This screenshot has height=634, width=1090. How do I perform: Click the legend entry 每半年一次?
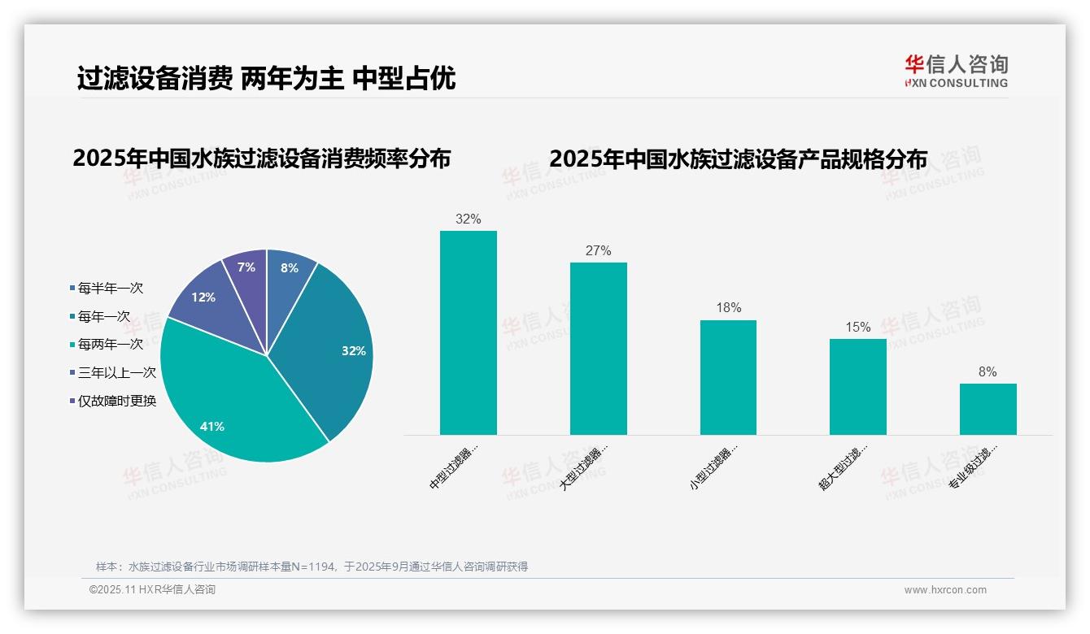click(x=110, y=289)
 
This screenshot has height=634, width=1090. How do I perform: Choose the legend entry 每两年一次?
click(x=110, y=345)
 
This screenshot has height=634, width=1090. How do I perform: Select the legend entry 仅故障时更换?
click(x=116, y=401)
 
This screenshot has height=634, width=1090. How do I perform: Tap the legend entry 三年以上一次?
click(x=116, y=372)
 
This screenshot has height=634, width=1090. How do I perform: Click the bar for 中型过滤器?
click(x=468, y=333)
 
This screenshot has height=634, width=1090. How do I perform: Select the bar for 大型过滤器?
click(x=598, y=349)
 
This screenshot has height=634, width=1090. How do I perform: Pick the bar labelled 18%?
click(x=728, y=377)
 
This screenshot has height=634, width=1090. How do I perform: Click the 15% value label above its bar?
click(x=857, y=328)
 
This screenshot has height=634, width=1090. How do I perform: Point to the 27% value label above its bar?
click(x=598, y=251)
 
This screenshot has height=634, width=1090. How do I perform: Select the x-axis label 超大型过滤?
click(x=844, y=467)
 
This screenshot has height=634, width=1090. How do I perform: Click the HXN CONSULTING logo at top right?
click(x=956, y=71)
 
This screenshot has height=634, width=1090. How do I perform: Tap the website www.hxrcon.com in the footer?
click(x=945, y=590)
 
